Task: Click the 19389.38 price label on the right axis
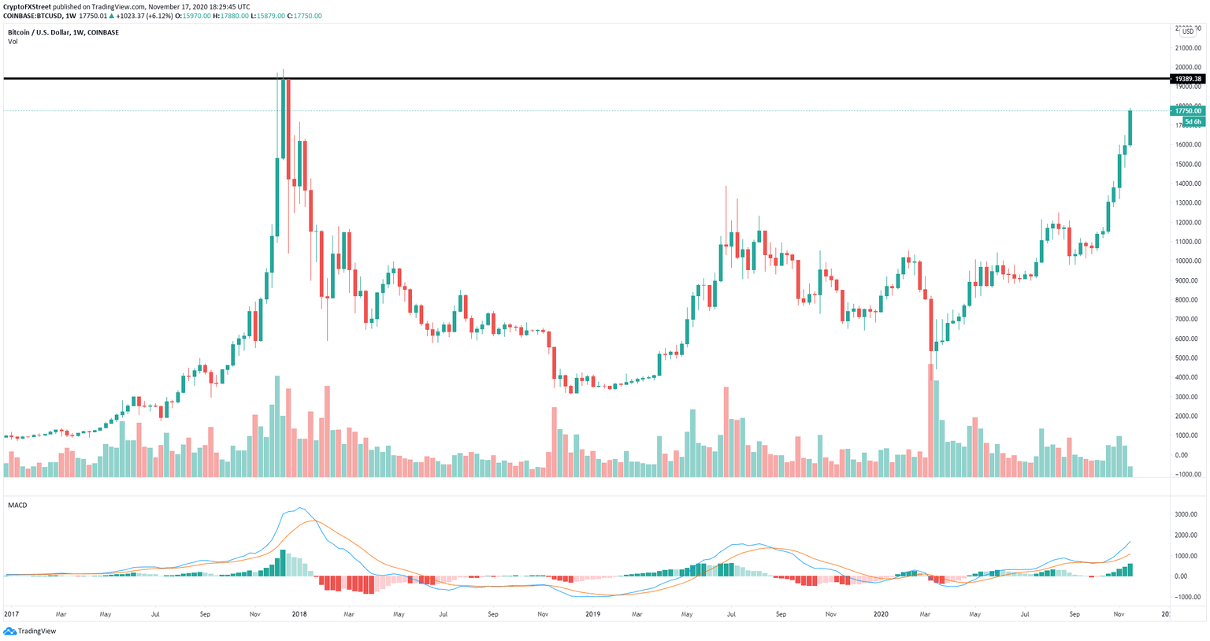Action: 1188,79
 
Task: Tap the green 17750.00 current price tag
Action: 1188,111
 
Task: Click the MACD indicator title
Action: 17,505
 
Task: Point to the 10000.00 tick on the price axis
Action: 1188,261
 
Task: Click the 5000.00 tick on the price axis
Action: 1188,358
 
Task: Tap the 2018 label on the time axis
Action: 299,613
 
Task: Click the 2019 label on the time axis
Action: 592,613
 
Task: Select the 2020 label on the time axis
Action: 882,613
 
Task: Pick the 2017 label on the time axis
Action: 12,613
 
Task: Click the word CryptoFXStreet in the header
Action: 28,6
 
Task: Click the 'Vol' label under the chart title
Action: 13,42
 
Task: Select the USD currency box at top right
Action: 1188,31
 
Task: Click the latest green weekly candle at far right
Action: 1130,128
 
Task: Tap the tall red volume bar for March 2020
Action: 931,421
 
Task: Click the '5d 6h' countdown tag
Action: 1193,122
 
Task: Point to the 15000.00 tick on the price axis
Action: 1188,165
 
